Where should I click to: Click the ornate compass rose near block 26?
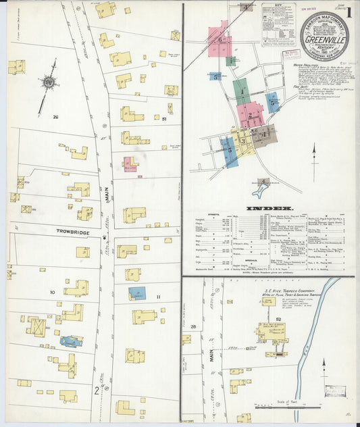pyautogui.click(x=49, y=82)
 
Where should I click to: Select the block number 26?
pyautogui.click(x=55, y=117)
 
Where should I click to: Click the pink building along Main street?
pyautogui.click(x=130, y=164)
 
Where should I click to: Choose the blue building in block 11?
pyautogui.click(x=137, y=294)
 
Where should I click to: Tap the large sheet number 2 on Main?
pyautogui.click(x=97, y=391)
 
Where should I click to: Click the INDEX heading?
pyautogui.click(x=269, y=208)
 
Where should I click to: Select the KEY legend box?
pyautogui.click(x=278, y=23)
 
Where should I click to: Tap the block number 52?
pyautogui.click(x=278, y=318)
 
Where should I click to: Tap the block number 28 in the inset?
pyautogui.click(x=192, y=326)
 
